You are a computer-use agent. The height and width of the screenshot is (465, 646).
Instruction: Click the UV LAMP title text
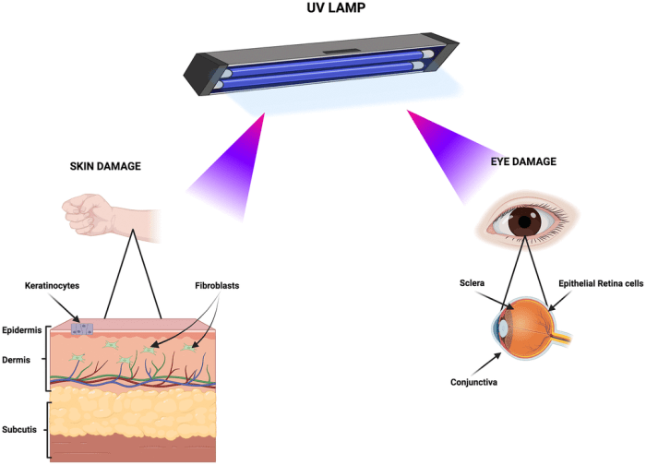point(324,11)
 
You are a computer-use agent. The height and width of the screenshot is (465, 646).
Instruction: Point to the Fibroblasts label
point(218,286)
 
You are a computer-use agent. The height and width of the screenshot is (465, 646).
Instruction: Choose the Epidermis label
point(23,329)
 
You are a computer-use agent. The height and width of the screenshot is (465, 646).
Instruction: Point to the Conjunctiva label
point(471,381)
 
